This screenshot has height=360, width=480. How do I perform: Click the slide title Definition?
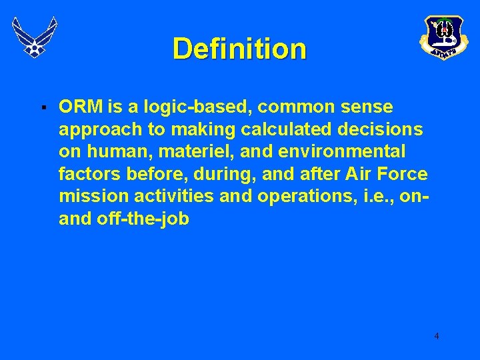pos(239,49)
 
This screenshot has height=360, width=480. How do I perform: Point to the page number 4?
pos(437,336)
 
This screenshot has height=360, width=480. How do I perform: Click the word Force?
pos(403,175)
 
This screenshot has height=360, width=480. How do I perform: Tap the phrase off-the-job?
pos(143,219)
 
